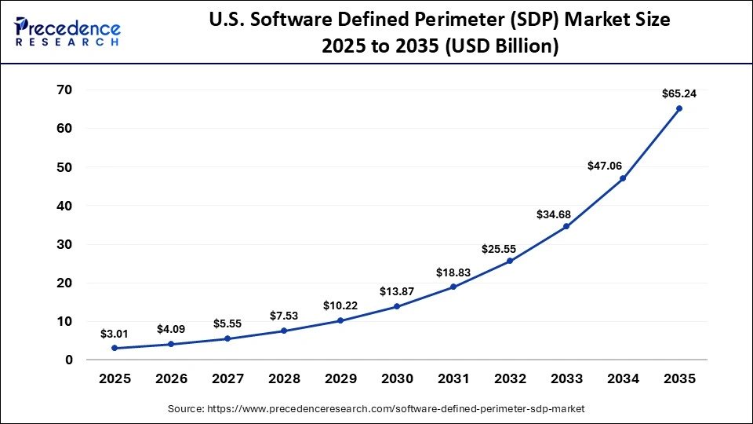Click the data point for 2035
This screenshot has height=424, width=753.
click(679, 108)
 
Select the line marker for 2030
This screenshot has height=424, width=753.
click(397, 306)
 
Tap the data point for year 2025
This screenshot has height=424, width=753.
click(115, 348)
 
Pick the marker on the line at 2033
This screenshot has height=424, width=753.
click(566, 226)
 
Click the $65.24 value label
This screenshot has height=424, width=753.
click(679, 93)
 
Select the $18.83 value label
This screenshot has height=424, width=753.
click(453, 272)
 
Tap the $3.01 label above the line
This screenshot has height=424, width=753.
click(115, 334)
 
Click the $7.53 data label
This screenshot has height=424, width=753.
click(284, 316)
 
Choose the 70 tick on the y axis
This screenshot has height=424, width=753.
click(64, 90)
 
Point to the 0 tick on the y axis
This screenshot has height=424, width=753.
click(68, 360)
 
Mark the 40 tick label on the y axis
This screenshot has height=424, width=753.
click(64, 206)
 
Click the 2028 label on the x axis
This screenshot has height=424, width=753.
click(284, 378)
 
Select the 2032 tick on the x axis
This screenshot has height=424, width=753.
click(510, 378)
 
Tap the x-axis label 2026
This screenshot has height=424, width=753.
click(171, 378)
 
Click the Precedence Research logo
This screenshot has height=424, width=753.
click(67, 31)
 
